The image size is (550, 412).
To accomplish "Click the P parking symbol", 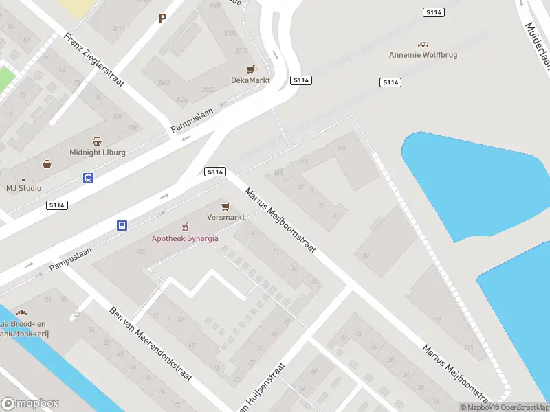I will point(163,19).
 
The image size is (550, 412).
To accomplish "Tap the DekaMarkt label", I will point(250,80).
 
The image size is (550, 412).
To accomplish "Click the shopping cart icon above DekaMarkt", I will point(251,69).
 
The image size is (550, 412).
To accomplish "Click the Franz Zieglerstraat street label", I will point(94,60).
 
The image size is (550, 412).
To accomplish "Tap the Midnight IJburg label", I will point(97,152).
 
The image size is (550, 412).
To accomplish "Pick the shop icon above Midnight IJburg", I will point(97,141).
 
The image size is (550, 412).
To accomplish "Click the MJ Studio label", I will point(24,188).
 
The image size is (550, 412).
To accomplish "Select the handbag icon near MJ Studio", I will point(47,164).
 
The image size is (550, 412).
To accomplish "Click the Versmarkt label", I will point(226,217).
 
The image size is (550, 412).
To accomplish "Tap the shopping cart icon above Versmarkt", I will point(225,206).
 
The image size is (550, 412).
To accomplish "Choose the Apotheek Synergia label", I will point(185,238).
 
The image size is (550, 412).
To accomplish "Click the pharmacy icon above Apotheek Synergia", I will point(185,227).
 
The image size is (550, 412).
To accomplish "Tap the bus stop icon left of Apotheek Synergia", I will point(122,225).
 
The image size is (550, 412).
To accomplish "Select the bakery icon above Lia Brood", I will point(21,312).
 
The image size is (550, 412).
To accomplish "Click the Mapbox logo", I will point(30,404).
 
